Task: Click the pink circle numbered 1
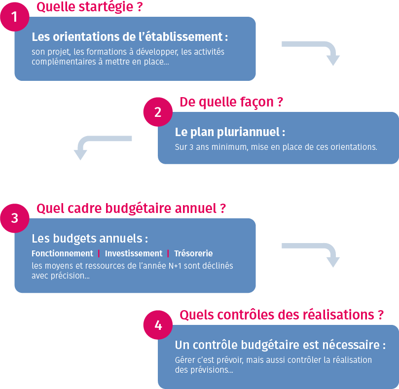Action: tap(14, 17)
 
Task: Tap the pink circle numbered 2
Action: tap(158, 112)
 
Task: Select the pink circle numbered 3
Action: tap(14, 218)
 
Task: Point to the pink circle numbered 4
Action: tap(158, 325)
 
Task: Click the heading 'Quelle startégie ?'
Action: tap(90, 7)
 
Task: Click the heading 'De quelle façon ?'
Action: tap(231, 102)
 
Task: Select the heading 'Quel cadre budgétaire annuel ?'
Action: tap(131, 209)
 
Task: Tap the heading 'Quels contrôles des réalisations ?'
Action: tap(282, 315)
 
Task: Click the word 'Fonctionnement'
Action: tap(62, 253)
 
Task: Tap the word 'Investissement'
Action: tap(134, 253)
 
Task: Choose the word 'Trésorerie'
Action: tap(193, 253)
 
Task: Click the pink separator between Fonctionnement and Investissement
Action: tap(99, 253)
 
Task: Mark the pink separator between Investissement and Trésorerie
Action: tap(168, 253)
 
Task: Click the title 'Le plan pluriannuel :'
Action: tap(230, 132)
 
